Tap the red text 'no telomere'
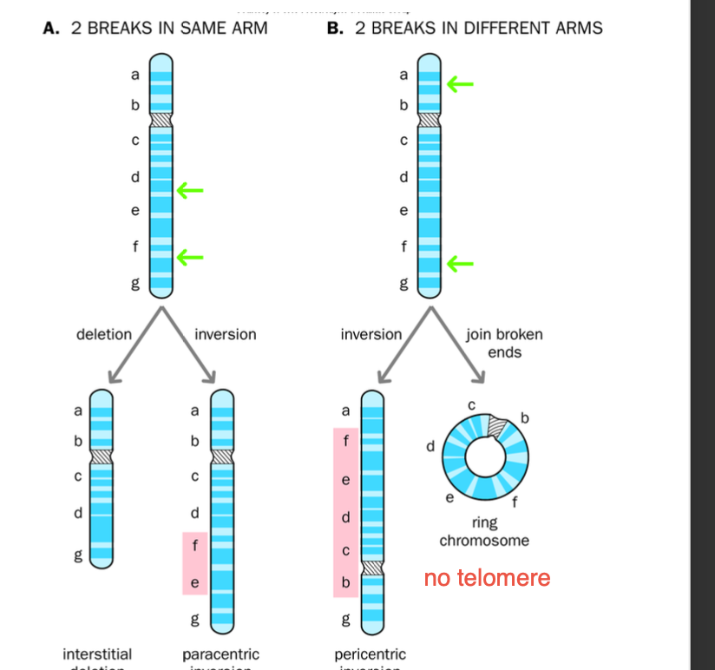487,578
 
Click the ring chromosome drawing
484,456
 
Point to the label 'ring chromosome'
483,532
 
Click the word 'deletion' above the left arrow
104,334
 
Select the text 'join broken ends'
504,343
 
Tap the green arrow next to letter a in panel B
460,84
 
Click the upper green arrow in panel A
190,189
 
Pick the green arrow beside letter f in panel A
190,256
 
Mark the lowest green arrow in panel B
460,262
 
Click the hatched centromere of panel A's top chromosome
161,118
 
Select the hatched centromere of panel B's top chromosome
430,118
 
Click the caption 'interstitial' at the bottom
97,654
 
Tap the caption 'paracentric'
220,654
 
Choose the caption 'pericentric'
370,654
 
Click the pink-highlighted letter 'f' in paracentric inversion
194,547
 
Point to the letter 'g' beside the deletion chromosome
78,555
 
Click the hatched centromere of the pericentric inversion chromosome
372,568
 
